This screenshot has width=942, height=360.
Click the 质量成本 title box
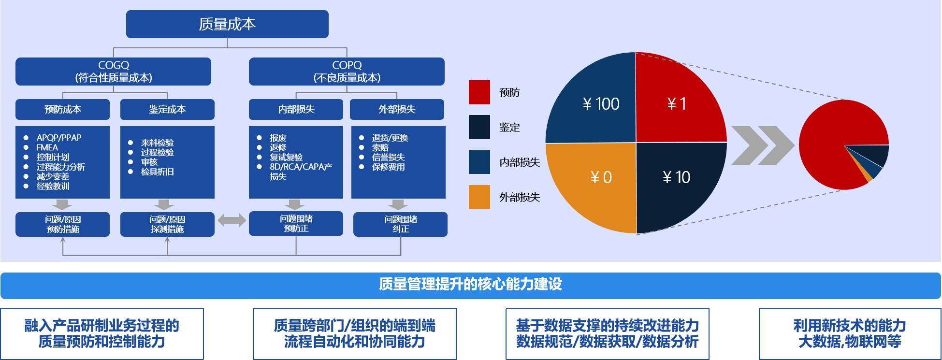coord(227,24)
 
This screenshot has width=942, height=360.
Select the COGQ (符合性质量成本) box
coord(113,72)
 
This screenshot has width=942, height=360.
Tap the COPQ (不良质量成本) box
coord(347,72)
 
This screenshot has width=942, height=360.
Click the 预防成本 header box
coord(63,109)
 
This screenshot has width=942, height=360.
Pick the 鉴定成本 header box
coord(167,109)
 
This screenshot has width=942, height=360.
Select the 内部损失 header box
coord(296,109)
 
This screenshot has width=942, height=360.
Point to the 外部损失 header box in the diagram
coord(397,109)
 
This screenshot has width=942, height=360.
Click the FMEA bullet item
coord(47,147)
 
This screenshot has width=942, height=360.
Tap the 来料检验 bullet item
coord(157,143)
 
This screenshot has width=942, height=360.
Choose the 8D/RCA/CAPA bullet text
coord(301,167)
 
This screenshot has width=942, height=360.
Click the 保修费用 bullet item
coord(388,167)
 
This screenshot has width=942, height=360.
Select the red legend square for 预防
coord(479,92)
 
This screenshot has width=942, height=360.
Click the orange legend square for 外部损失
coord(479,197)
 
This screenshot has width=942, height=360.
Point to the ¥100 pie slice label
coord(601,103)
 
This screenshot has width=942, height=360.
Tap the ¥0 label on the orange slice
coord(601,177)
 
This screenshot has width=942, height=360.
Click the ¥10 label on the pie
coord(676,177)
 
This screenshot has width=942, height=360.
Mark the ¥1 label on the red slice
coord(677,103)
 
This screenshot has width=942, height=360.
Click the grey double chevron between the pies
coord(763,145)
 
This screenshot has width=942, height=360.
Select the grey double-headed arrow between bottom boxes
coord(232,220)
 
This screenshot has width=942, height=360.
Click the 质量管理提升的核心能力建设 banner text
coord(470,284)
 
